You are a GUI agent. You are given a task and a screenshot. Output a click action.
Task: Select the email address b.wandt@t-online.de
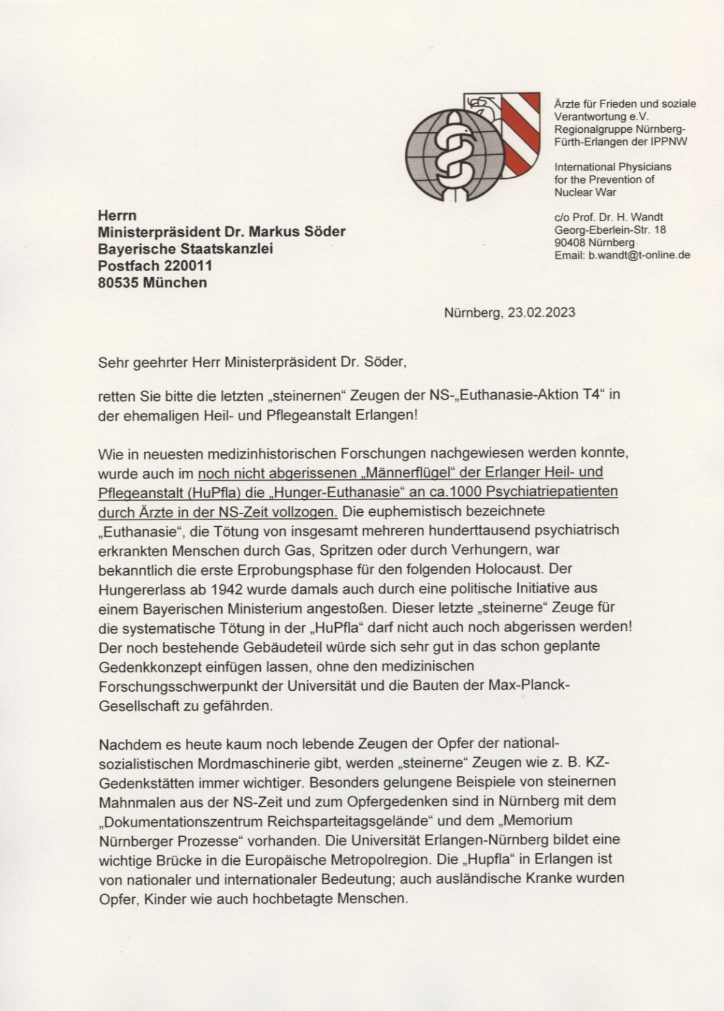click(639, 255)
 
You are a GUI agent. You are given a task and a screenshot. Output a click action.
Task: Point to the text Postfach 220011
click(155, 266)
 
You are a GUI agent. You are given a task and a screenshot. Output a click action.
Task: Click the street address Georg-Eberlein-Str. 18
click(610, 230)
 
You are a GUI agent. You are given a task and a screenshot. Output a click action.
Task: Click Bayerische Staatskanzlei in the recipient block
click(185, 248)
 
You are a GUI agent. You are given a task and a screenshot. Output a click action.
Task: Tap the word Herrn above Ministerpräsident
click(117, 215)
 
